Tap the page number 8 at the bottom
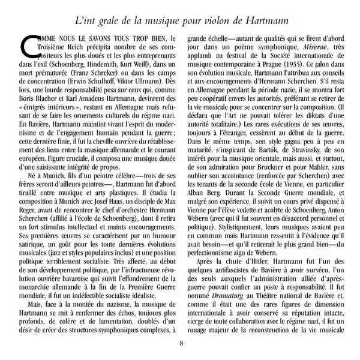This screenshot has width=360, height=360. point(181,344)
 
